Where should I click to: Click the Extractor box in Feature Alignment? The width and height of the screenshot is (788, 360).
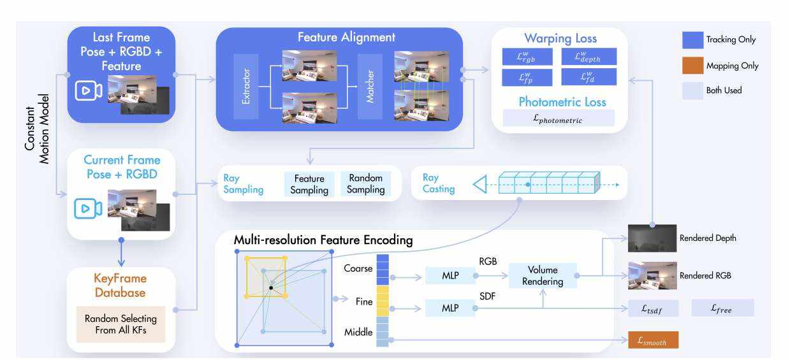246,85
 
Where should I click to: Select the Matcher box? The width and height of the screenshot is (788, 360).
370,85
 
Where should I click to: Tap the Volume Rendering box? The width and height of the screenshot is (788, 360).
543,275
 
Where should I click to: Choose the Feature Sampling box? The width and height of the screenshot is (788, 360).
310,184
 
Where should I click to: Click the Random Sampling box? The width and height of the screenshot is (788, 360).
366,184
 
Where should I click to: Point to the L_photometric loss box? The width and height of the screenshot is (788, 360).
558,119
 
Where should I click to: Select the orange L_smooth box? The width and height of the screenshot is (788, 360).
653,341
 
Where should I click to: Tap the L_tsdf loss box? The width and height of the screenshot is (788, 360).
653,308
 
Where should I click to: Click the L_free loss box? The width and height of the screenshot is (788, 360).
722,308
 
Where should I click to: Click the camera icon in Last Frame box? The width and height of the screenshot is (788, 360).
89,91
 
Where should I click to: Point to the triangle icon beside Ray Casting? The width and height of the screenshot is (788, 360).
479,184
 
